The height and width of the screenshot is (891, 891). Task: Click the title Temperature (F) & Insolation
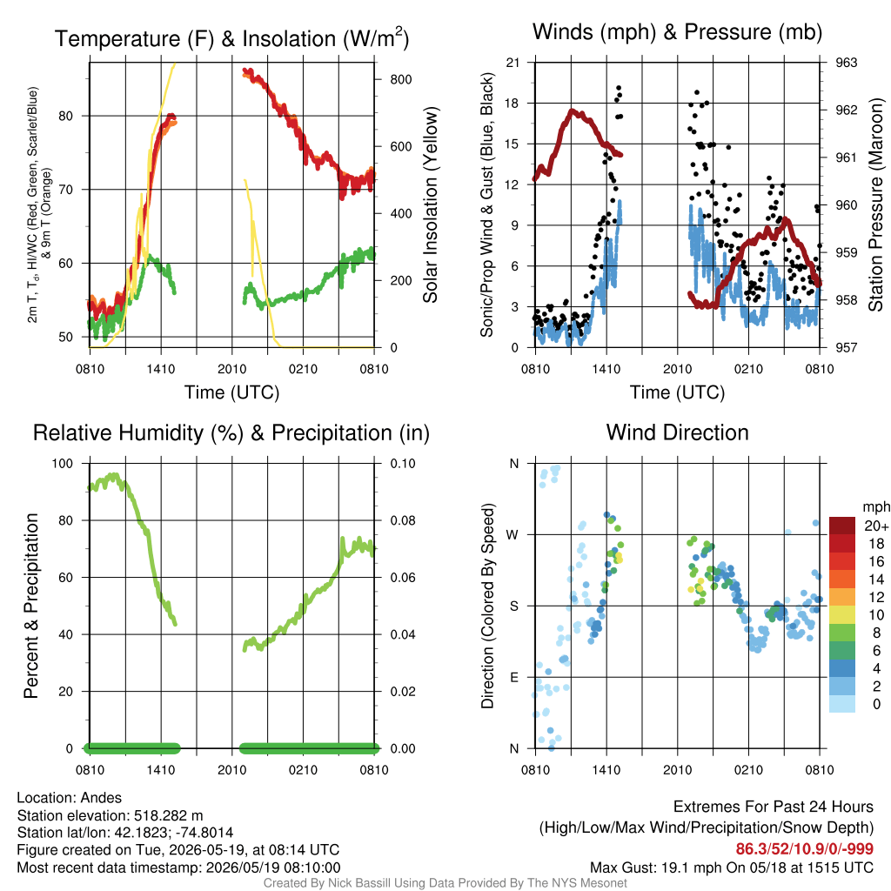pos(231,38)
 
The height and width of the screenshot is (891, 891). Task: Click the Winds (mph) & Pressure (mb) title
pos(677,32)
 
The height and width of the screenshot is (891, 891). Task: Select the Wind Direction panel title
pos(677,432)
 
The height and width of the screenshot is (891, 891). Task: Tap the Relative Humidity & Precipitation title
pos(231,433)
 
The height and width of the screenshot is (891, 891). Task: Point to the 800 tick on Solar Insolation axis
pos(401,79)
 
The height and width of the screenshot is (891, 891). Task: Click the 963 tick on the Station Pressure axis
pos(846,63)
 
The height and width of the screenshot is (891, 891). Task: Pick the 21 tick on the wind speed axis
pos(512,63)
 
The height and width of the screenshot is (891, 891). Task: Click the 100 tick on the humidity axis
pos(63,464)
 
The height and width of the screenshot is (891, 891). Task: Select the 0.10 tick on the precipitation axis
pos(403,464)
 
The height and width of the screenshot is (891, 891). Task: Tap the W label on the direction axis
pos(513,535)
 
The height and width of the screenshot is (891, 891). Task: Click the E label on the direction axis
pos(513,677)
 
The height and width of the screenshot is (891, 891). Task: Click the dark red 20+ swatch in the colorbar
pos(842,526)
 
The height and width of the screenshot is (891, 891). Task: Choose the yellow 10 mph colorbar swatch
pos(842,615)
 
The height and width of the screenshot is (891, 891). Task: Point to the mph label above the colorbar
pos(875,507)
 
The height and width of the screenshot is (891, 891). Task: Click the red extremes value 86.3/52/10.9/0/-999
pos(804,849)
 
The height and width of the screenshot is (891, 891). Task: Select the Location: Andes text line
pos(70,798)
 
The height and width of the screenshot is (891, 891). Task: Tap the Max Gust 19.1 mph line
pos(731,868)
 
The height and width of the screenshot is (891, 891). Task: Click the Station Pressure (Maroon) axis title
pos(875,204)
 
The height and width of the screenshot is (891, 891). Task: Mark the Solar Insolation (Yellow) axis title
pos(431,204)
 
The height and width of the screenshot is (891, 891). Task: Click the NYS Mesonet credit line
pos(445,883)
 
